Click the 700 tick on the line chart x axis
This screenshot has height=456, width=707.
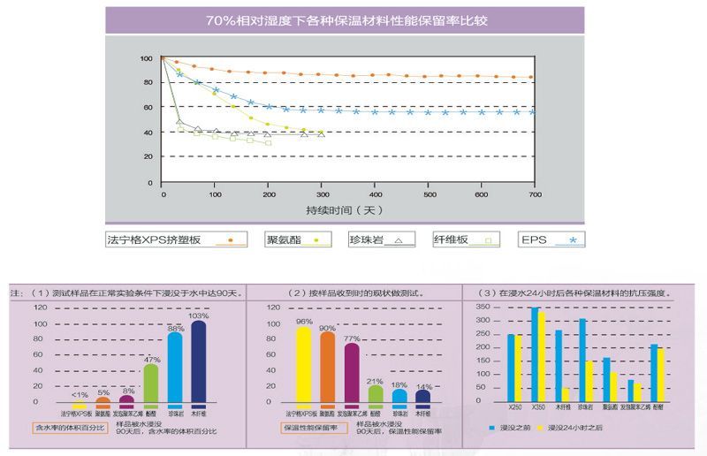coord(533,194)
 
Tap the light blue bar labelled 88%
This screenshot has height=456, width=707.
coord(175,369)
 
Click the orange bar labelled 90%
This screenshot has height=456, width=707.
coord(327,368)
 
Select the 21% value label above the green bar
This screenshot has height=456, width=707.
coord(375,381)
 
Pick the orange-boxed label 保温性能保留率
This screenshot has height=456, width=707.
coord(310,427)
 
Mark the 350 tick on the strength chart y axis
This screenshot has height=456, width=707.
coord(482,307)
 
